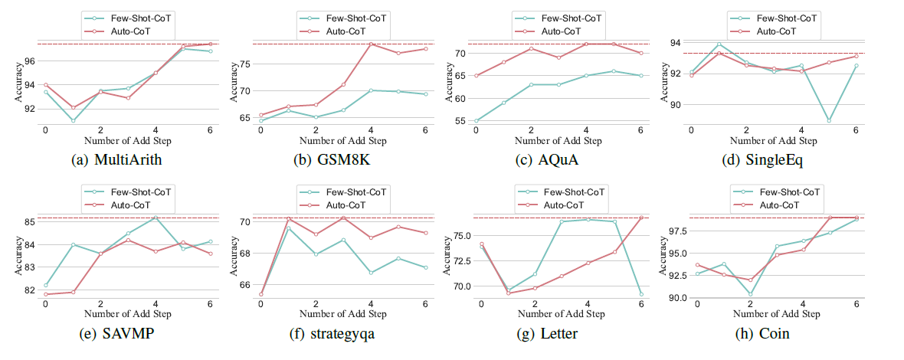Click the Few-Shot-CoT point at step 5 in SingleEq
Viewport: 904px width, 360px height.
(x=828, y=120)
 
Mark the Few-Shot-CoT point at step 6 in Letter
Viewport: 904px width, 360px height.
(x=640, y=294)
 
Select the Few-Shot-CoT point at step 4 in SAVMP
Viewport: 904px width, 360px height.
(x=156, y=218)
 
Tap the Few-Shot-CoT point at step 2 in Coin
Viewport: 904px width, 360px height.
(x=750, y=294)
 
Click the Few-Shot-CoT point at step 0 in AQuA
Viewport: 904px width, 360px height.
(x=477, y=120)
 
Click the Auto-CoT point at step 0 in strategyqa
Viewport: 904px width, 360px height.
(x=261, y=294)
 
